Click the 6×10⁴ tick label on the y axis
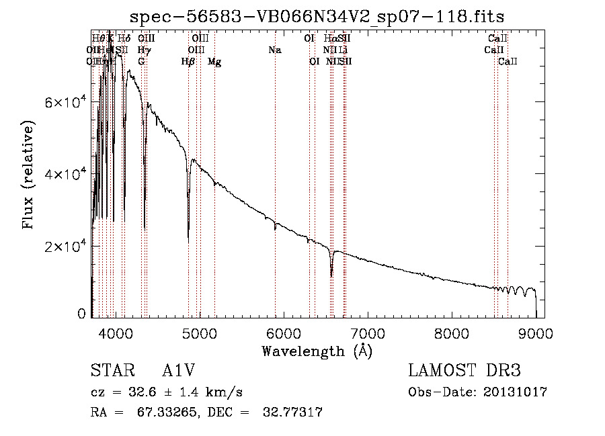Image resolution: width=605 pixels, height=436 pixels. [x=65, y=102]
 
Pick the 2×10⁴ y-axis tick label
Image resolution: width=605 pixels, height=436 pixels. [x=65, y=247]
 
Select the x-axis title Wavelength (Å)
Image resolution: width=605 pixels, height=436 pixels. [x=317, y=351]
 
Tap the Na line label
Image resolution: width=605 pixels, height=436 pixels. [x=274, y=50]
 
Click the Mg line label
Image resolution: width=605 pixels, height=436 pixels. [x=214, y=62]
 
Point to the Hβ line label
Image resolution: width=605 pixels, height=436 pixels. [x=188, y=62]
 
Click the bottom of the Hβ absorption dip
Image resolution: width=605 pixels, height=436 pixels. [x=188, y=241]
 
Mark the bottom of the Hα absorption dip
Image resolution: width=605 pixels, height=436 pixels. [x=331, y=275]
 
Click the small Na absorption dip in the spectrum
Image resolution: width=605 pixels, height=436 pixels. [x=275, y=229]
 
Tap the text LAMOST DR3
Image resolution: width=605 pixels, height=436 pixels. [x=464, y=372]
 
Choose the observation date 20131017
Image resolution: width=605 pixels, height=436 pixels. [x=515, y=392]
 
